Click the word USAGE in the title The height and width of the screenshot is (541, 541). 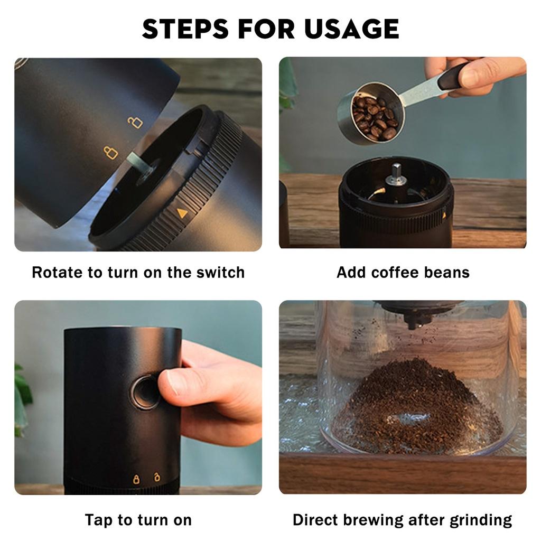point(351,29)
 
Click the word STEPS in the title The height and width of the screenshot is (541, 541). point(185,29)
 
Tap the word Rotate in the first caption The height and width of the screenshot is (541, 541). point(57,273)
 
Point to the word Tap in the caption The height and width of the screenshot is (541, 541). point(99,520)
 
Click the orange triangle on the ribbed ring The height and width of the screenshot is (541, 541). point(182,213)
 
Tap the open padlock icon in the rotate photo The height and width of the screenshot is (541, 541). point(135,122)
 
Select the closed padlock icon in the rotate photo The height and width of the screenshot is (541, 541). point(111,152)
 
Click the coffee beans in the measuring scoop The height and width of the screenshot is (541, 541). point(375,117)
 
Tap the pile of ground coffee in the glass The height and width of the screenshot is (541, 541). point(417,407)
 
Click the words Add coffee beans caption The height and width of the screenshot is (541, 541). point(403,273)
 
